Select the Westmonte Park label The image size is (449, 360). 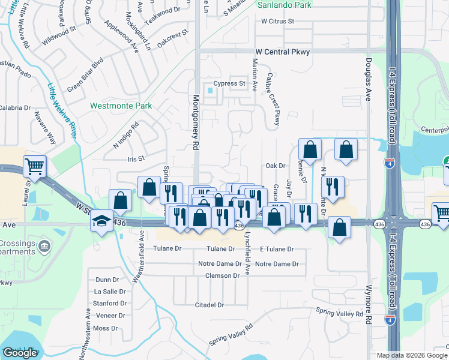[x=121, y=106]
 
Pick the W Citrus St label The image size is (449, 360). [x=278, y=21]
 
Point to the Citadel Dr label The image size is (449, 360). [x=209, y=305]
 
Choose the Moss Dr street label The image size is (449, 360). [x=106, y=328]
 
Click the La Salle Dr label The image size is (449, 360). [x=110, y=291]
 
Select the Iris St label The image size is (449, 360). [x=136, y=158]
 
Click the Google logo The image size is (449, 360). [x=20, y=353]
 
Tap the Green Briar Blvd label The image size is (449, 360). [x=85, y=74]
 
